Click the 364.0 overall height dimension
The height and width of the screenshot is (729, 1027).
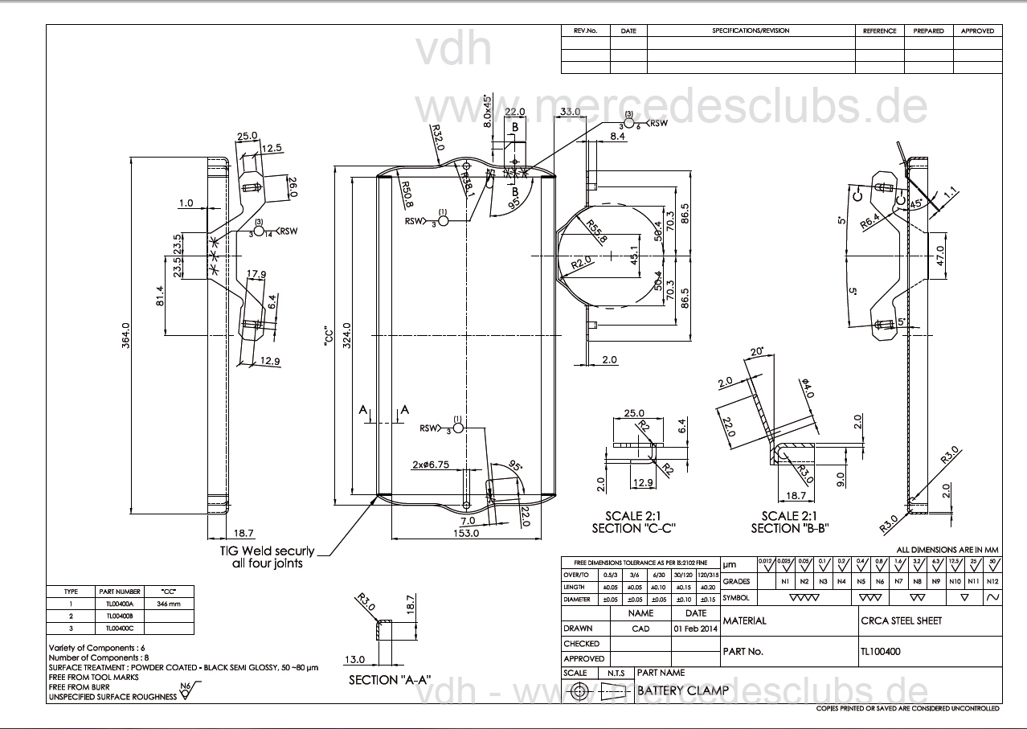coord(125,331)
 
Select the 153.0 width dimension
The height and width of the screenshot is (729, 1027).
coord(466,533)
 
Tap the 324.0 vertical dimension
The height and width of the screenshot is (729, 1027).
coord(347,331)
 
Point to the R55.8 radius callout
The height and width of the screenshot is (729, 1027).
coord(596,231)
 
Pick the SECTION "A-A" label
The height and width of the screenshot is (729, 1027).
coord(390,679)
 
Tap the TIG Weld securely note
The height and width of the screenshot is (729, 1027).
coord(267,558)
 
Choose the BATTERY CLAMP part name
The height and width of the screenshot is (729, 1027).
coord(682,690)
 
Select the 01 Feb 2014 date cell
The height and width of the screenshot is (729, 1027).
coord(695,629)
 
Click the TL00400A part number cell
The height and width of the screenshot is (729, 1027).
coord(118,603)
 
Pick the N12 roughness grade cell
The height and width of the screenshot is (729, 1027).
coord(992,580)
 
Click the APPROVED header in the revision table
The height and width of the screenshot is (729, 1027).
coord(977,31)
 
